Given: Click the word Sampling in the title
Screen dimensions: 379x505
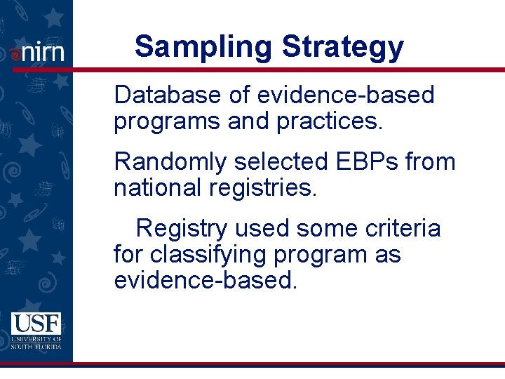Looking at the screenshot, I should coord(203,48).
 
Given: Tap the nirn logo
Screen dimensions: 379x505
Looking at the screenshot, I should coord(36,52).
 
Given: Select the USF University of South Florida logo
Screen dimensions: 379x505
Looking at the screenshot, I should coord(36,331).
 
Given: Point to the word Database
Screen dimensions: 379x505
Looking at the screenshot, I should coord(168,95).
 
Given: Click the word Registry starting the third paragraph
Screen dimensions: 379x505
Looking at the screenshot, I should coord(182,229).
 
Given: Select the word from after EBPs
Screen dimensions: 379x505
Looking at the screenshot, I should coord(431,162).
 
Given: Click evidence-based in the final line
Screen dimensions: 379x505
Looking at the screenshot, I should coord(206,281).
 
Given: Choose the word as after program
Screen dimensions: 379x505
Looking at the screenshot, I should coord(387,255).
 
